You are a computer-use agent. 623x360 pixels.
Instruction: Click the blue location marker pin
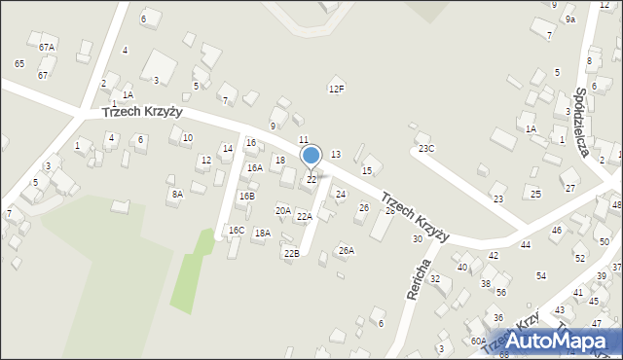click(311, 157)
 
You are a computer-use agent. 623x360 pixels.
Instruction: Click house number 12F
click(336, 90)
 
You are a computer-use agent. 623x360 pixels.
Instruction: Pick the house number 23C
click(426, 149)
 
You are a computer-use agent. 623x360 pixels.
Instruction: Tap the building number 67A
click(47, 47)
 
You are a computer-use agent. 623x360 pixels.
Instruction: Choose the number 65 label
click(19, 63)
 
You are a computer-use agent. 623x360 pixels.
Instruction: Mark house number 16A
click(254, 167)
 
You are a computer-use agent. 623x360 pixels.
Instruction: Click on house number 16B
click(246, 197)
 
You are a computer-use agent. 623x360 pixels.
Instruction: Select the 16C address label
click(237, 231)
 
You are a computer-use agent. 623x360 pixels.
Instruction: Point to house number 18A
click(262, 234)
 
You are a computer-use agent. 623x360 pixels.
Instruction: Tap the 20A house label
click(283, 210)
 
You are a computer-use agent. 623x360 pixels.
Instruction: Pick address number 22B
click(291, 253)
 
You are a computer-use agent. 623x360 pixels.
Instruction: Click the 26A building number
click(346, 250)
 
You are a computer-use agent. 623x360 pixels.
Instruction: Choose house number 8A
click(177, 195)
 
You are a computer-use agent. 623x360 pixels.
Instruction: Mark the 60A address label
click(478, 341)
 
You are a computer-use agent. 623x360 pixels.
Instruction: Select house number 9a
click(570, 19)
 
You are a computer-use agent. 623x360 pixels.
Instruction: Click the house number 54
click(541, 276)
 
